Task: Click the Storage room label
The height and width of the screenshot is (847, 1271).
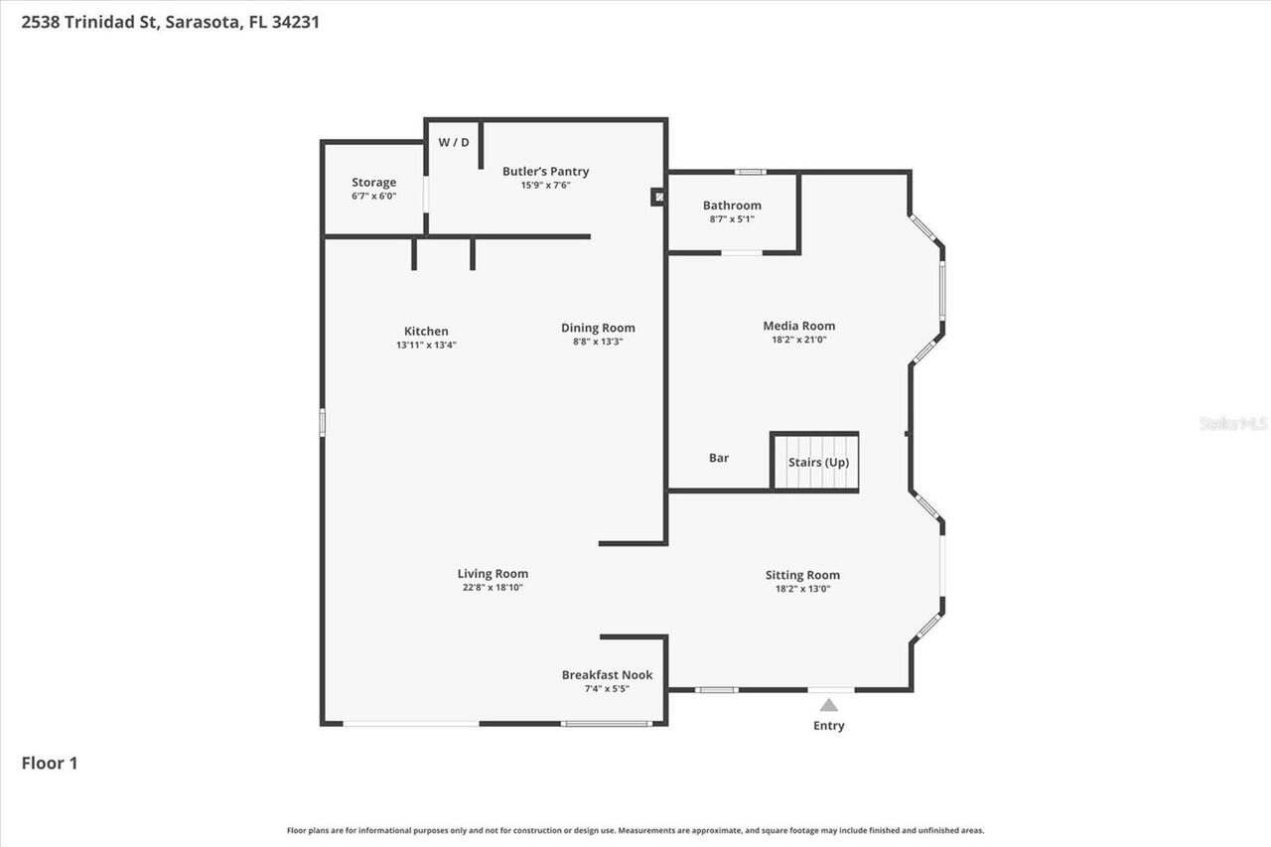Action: [x=373, y=183]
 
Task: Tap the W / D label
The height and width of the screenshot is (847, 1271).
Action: [x=454, y=142]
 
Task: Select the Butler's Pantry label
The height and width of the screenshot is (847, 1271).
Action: [x=545, y=172]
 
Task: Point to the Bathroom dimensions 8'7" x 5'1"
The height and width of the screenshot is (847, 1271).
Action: [x=732, y=219]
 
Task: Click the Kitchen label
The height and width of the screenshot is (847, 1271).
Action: [x=426, y=332]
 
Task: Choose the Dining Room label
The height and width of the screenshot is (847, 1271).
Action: [x=598, y=328]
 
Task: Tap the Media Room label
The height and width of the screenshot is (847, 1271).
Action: [x=798, y=326]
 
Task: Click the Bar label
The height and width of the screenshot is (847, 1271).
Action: [x=719, y=459]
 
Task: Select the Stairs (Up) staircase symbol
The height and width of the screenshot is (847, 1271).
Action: [x=815, y=463]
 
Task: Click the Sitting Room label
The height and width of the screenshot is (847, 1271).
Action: [x=802, y=575]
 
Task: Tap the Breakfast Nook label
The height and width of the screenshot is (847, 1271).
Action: [x=607, y=675]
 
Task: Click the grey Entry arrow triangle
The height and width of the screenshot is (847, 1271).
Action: [x=828, y=705]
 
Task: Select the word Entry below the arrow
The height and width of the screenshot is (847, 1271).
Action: [x=828, y=726]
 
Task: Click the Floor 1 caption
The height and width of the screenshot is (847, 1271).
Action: [x=50, y=764]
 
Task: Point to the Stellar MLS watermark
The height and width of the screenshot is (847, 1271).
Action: [x=1234, y=423]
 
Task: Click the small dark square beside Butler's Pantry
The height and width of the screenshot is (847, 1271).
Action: [x=657, y=198]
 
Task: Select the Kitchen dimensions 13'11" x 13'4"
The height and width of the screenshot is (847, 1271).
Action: [x=426, y=346]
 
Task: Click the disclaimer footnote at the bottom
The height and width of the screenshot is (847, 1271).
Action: [x=635, y=830]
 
